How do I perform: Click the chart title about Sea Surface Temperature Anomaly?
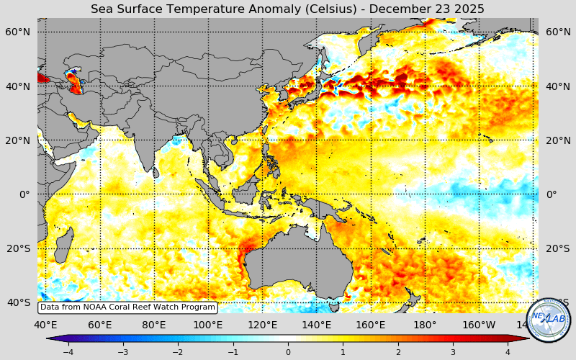287,9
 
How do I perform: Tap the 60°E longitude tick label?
100,325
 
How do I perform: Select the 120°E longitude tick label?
263,325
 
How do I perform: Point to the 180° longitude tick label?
425,325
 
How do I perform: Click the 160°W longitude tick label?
479,325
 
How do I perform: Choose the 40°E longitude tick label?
45,325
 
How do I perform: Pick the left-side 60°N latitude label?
18,32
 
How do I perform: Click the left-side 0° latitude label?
24,194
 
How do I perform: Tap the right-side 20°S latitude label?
559,248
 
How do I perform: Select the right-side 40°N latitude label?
559,86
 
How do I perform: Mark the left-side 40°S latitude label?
18,302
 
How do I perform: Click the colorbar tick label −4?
68,352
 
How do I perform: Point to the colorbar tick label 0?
288,352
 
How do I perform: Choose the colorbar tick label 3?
453,352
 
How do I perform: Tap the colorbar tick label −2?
178,352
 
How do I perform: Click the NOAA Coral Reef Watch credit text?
127,307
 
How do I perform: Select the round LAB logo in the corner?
549,320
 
